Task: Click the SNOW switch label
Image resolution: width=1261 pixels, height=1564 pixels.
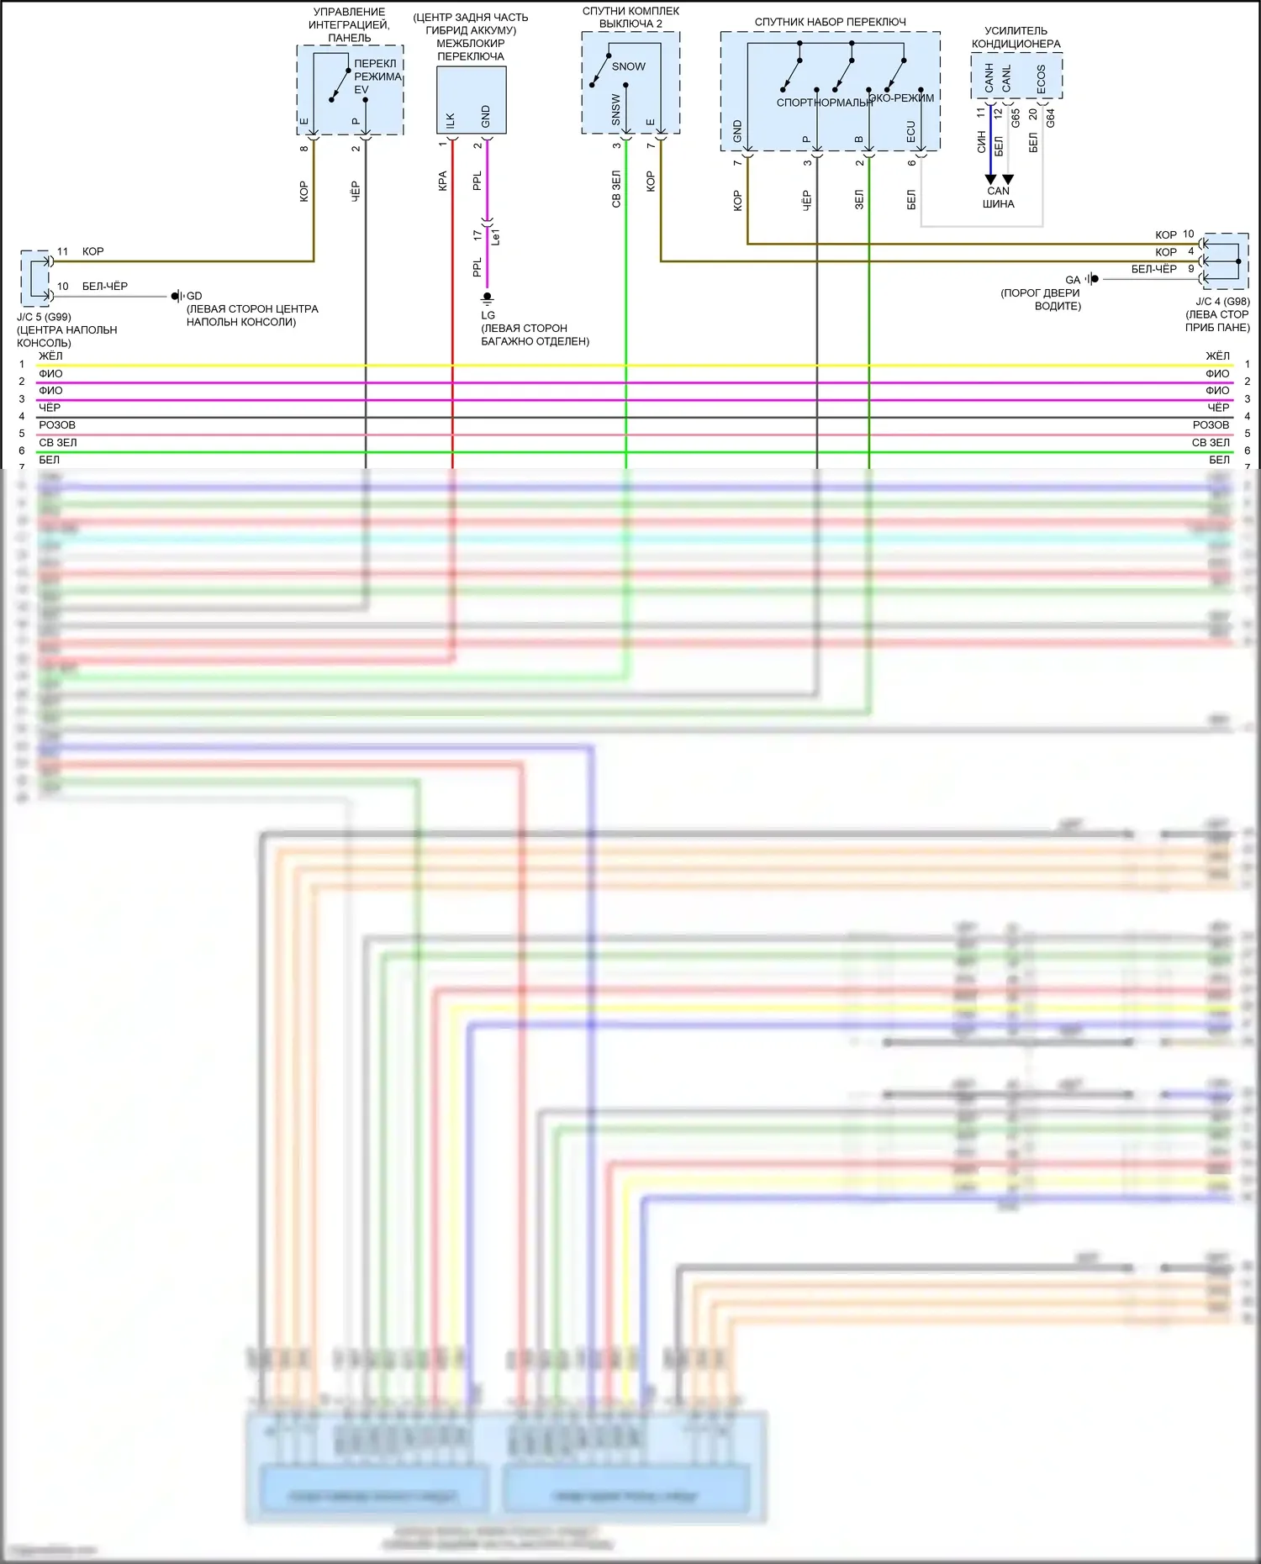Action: click(628, 66)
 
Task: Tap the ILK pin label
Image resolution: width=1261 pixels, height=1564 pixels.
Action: click(451, 120)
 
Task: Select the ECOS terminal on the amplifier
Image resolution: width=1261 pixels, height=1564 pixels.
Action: click(1042, 79)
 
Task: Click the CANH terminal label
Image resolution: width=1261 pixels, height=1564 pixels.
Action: click(989, 79)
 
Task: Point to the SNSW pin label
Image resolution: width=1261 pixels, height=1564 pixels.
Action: click(616, 110)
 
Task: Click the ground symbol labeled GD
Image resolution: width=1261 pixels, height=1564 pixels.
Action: click(177, 296)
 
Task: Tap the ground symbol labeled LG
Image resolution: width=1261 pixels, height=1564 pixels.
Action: click(487, 298)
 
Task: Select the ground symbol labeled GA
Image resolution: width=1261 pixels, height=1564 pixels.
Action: click(1092, 279)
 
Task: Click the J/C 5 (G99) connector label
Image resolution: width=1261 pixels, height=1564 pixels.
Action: click(44, 317)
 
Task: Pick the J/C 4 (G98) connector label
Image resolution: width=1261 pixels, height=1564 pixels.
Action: click(1222, 301)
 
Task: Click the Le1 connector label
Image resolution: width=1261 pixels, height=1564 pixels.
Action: click(495, 237)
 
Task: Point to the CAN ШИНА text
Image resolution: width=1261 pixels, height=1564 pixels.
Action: click(998, 197)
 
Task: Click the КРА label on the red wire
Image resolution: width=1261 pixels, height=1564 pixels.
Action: click(443, 182)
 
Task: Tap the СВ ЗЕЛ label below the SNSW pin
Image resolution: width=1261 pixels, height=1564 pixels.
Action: click(616, 189)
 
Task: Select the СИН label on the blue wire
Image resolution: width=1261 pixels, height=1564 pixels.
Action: click(981, 142)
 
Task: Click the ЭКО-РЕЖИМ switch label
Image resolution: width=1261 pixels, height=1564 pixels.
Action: click(901, 98)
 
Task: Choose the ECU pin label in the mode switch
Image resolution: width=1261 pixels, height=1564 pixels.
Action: click(910, 131)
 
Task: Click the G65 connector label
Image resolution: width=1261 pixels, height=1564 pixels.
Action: click(1016, 118)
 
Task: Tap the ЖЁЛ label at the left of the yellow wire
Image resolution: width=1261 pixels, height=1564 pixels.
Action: click(50, 356)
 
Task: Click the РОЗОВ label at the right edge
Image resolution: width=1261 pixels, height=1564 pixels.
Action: click(1211, 425)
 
